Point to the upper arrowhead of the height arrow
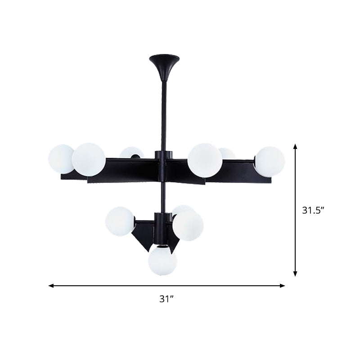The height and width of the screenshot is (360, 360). point(295,147)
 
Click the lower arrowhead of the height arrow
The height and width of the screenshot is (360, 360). point(295,273)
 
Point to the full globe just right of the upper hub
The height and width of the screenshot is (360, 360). point(204,159)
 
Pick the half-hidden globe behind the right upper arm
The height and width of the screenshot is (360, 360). point(227,153)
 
